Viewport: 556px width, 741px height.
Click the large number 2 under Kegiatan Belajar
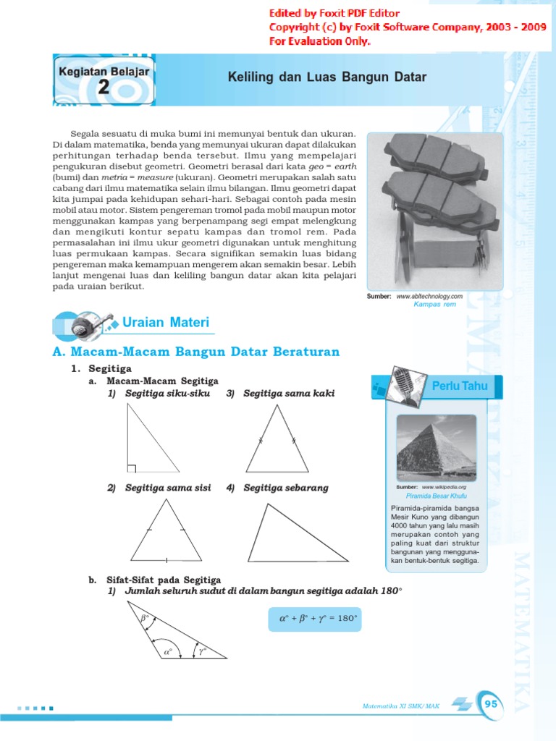pyautogui.click(x=104, y=88)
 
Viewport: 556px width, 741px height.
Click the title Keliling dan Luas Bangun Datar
pyautogui.click(x=327, y=77)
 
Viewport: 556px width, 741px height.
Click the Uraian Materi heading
pyautogui.click(x=166, y=322)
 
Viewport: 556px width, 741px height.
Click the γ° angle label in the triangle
pyautogui.click(x=203, y=651)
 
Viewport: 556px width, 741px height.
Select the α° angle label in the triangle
pyautogui.click(x=169, y=651)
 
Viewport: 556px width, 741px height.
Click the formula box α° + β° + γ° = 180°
pyautogui.click(x=319, y=619)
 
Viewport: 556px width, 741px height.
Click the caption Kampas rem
pyautogui.click(x=434, y=305)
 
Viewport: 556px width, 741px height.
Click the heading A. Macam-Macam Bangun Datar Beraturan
pyautogui.click(x=195, y=352)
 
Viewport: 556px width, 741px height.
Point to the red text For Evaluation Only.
pyautogui.click(x=319, y=41)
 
